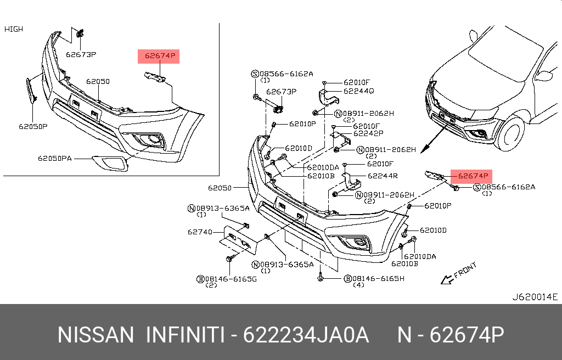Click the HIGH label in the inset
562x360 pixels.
[x=14, y=29]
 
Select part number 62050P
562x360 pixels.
[x=33, y=126]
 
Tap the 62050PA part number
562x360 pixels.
[x=55, y=159]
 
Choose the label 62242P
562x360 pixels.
[x=368, y=133]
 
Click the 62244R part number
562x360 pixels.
[x=383, y=176]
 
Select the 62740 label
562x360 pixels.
[x=200, y=232]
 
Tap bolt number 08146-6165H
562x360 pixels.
[x=374, y=279]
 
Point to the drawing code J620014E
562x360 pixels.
[x=535, y=297]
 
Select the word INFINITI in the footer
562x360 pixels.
[x=184, y=335]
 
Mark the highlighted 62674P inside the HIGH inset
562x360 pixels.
[x=158, y=55]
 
